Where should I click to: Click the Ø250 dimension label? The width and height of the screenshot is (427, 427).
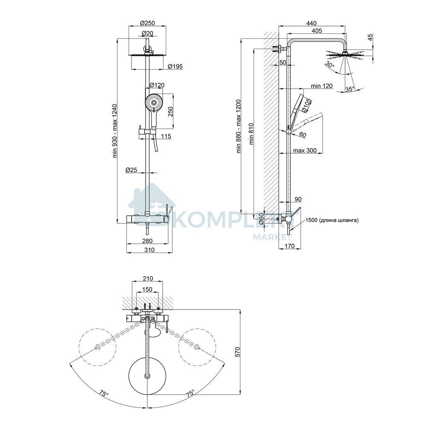147,23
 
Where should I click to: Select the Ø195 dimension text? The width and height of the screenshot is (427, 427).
175,66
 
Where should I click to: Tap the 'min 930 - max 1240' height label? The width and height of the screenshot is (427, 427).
115,131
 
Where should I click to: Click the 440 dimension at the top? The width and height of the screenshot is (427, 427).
311,23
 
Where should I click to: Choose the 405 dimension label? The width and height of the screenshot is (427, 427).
317,31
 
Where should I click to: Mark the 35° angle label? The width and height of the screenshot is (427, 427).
350,89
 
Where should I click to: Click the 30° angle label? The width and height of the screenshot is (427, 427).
330,65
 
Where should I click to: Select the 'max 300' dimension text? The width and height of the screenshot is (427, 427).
304,150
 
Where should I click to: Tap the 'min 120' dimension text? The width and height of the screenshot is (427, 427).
322,86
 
